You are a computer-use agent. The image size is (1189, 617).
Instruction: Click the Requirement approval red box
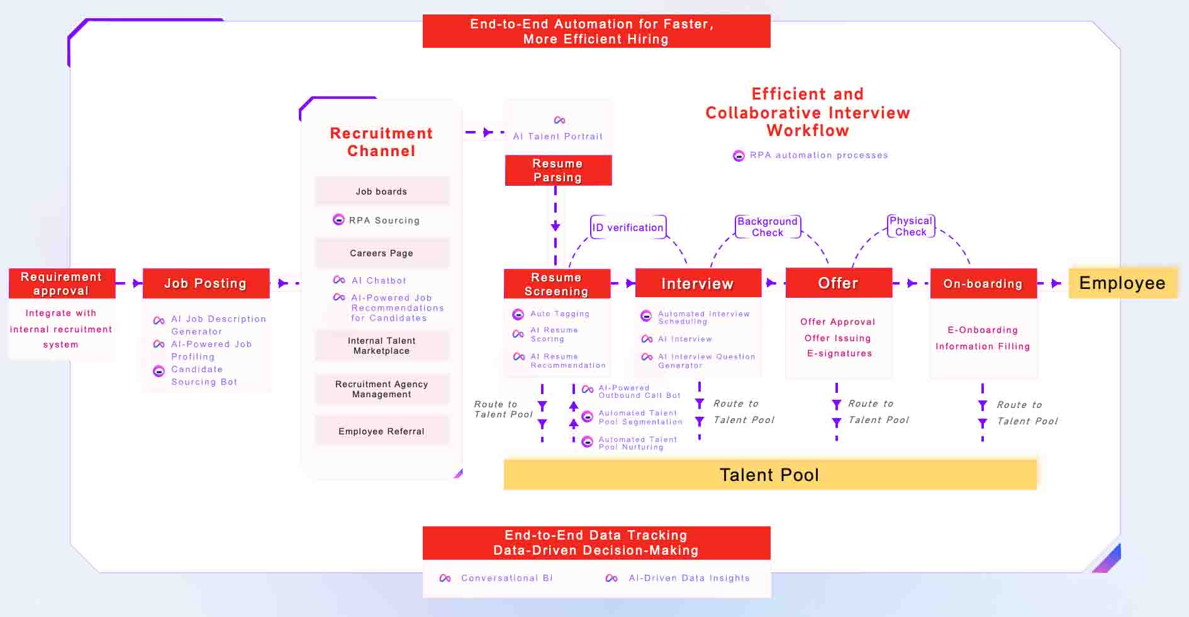click(x=62, y=283)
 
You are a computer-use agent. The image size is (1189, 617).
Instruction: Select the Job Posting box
click(x=206, y=283)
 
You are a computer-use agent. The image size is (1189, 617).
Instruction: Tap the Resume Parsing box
click(x=558, y=170)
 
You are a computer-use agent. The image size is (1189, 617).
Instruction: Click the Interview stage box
click(x=698, y=283)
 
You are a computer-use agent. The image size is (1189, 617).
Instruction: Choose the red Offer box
click(x=839, y=283)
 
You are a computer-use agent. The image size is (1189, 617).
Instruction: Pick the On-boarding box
click(x=983, y=283)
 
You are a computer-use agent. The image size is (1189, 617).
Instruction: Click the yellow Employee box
click(x=1123, y=283)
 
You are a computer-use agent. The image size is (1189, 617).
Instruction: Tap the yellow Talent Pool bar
click(x=770, y=475)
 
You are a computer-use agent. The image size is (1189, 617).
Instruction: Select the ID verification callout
click(x=628, y=227)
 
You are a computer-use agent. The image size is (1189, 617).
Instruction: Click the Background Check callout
click(x=768, y=227)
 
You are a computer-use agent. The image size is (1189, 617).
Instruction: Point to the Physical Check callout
click(x=911, y=226)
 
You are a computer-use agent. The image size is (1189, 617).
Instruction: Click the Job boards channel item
click(x=382, y=191)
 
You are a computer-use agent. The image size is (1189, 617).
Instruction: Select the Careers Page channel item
click(x=382, y=253)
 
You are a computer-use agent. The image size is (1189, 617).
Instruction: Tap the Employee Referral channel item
click(x=382, y=431)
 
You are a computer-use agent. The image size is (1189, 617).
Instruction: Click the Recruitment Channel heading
click(x=382, y=142)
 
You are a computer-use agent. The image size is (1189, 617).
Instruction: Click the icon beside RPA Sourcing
click(x=338, y=220)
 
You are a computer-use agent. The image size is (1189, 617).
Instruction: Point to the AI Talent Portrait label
click(x=558, y=136)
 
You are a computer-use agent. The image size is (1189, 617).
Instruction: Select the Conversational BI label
click(x=507, y=578)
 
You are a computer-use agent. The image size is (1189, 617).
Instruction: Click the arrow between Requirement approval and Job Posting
click(x=130, y=283)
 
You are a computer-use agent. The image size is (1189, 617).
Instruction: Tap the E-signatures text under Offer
click(x=840, y=353)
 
